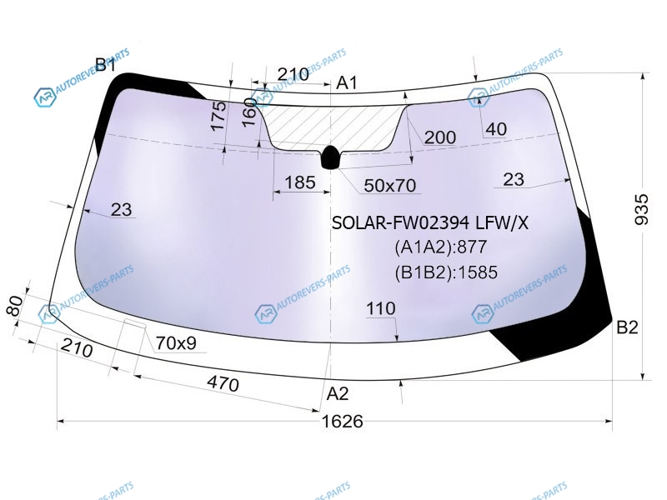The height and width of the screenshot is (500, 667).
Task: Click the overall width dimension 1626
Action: pyautogui.click(x=342, y=422)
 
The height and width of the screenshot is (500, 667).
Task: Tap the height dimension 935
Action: pyautogui.click(x=641, y=209)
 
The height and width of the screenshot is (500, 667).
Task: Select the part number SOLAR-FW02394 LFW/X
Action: pyautogui.click(x=429, y=222)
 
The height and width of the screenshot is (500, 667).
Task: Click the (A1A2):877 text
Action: pyautogui.click(x=441, y=247)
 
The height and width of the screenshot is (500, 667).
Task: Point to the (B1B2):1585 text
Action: pyautogui.click(x=446, y=272)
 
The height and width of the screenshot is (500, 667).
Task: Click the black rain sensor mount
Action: pyautogui.click(x=330, y=157)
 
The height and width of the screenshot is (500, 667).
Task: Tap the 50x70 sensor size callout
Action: pyautogui.click(x=389, y=185)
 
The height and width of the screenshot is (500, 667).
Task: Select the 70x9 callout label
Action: pyautogui.click(x=176, y=342)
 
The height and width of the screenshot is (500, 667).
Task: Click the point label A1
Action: pyautogui.click(x=347, y=82)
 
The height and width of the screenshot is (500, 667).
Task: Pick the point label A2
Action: pyautogui.click(x=338, y=393)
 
